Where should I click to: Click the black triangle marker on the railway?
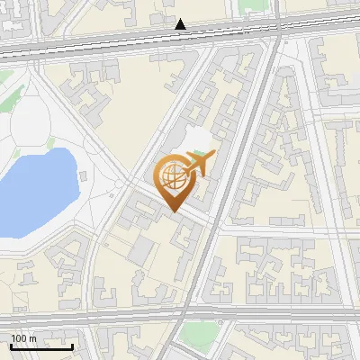tap(182, 24)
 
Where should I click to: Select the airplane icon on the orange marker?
tap(200, 164)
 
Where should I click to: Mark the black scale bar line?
tap(40, 347)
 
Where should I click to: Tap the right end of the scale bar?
tap(72, 347)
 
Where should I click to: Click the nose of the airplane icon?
tap(214, 155)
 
